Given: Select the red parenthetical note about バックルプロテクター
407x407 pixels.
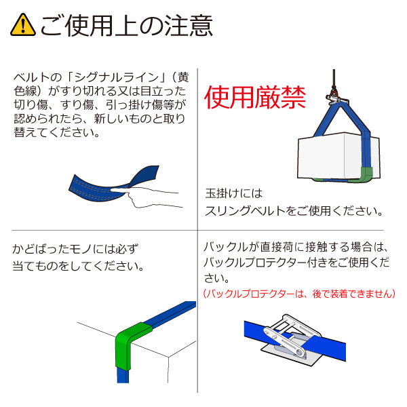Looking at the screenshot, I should click(x=298, y=294).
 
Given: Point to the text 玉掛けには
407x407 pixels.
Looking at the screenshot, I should click(x=233, y=193).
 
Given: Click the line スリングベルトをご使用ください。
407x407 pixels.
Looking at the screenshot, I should click(x=293, y=211).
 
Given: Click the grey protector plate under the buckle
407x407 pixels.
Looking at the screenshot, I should click(x=285, y=353).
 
